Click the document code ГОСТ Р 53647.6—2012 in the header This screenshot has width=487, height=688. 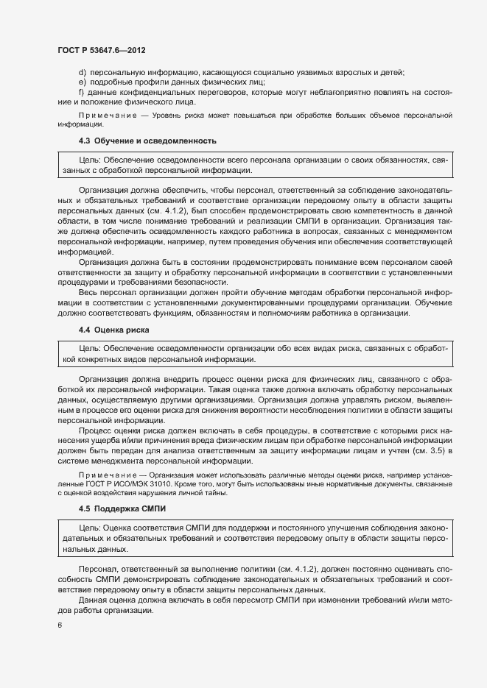[106, 49]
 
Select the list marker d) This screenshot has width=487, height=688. [82, 72]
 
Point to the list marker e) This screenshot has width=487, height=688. [82, 82]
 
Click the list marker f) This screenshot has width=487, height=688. [81, 93]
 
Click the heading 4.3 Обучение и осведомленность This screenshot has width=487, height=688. [147, 140]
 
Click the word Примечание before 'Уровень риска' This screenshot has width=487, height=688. [106, 116]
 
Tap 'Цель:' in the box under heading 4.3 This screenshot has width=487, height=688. [89, 160]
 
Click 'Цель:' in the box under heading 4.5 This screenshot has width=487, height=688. [89, 529]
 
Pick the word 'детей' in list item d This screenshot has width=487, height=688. [392, 72]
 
